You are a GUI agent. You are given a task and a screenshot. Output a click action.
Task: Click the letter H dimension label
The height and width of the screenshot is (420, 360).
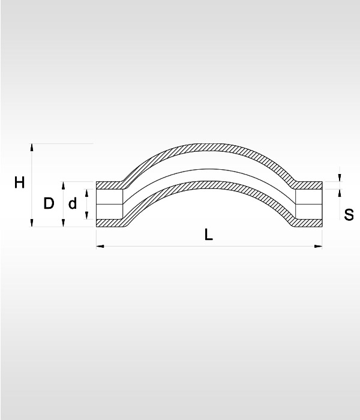tap(20, 182)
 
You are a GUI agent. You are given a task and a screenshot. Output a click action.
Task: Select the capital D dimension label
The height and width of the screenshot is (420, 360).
tap(49, 203)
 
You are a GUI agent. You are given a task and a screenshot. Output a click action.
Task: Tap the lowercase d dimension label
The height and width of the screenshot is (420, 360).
tap(73, 203)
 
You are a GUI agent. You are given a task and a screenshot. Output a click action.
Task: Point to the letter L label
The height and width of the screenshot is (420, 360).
tap(208, 235)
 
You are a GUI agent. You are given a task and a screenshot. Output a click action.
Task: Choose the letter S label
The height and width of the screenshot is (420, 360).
tap(349, 215)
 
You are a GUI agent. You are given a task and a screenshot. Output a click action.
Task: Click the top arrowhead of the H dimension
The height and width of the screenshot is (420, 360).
tap(32, 148)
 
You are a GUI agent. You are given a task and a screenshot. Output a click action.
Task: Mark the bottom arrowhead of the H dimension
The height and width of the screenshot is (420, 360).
tap(32, 223)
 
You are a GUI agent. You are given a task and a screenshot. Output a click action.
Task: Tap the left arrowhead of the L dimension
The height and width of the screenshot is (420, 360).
tap(100, 246)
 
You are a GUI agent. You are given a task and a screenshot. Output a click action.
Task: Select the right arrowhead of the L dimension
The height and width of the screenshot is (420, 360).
tap(318, 246)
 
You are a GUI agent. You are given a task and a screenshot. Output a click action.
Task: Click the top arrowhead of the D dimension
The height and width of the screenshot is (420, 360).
tap(63, 185)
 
